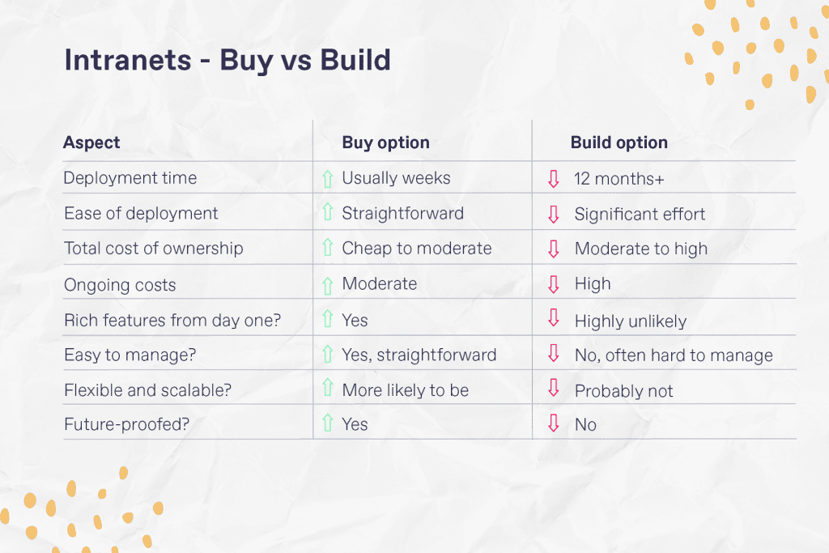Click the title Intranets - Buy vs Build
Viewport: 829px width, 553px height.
point(227,61)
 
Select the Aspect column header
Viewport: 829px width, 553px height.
point(91,143)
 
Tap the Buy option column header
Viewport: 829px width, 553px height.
point(385,143)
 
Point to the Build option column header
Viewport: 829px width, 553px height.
point(619,143)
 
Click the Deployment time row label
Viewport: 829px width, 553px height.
point(130,178)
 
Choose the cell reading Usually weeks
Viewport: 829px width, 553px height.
point(396,178)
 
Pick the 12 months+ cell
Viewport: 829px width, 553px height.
point(619,179)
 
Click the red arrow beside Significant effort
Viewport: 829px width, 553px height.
point(554,214)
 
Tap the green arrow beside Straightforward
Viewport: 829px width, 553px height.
point(327,213)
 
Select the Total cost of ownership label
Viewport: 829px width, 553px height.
point(153,249)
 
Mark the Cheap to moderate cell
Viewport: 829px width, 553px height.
point(416,249)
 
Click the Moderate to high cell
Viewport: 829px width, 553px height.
point(640,249)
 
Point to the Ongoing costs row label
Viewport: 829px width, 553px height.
point(120,284)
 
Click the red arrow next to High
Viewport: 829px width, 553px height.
point(554,284)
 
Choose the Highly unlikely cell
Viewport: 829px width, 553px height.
point(630,321)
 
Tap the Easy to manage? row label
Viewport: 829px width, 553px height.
point(130,355)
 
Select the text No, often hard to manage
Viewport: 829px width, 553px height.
point(674,355)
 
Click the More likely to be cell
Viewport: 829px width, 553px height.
point(405,390)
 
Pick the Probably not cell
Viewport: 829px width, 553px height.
point(623,391)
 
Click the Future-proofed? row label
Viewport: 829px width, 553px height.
point(125,424)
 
